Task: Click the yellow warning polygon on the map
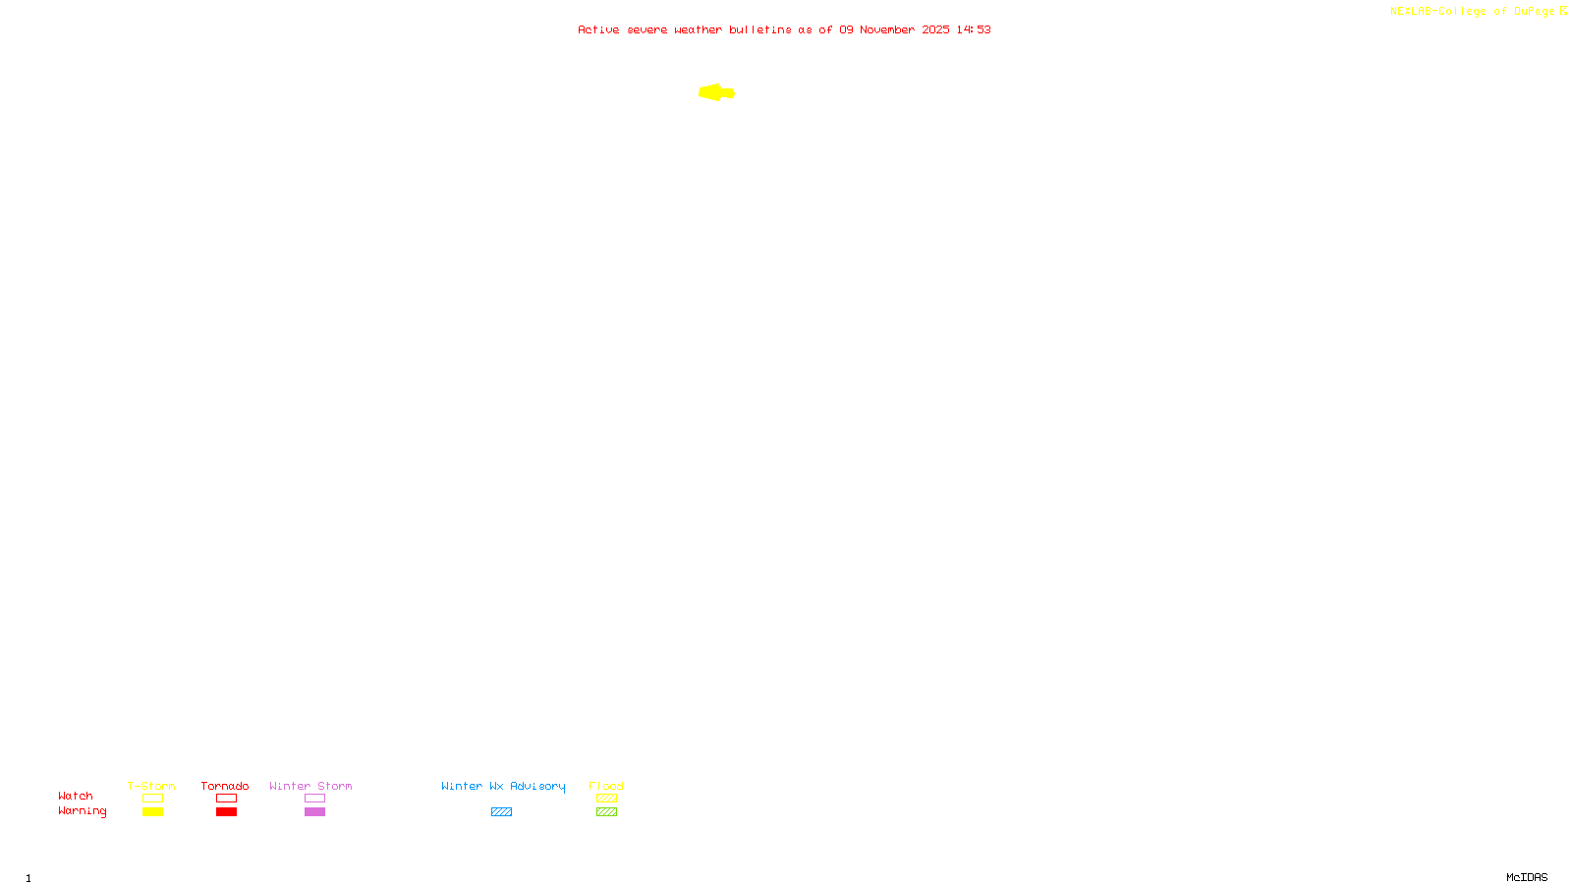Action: pos(716,92)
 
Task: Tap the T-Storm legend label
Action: pos(151,786)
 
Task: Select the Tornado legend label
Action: pos(225,786)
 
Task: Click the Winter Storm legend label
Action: pos(310,786)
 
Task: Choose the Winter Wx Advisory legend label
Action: pos(503,786)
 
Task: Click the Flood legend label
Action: pos(606,786)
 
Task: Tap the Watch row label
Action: pos(76,796)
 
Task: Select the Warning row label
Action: pos(82,811)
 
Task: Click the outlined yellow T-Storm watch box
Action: pos(152,799)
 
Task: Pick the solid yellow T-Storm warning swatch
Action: pos(152,812)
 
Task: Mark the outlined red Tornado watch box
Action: pos(226,799)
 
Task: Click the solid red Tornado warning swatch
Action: pos(226,812)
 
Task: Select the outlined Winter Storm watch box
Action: pos(314,799)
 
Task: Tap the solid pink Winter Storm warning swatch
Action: pos(314,812)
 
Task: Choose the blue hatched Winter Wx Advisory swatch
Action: pos(501,812)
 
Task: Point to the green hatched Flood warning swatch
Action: pos(606,812)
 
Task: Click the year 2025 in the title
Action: pos(935,29)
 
